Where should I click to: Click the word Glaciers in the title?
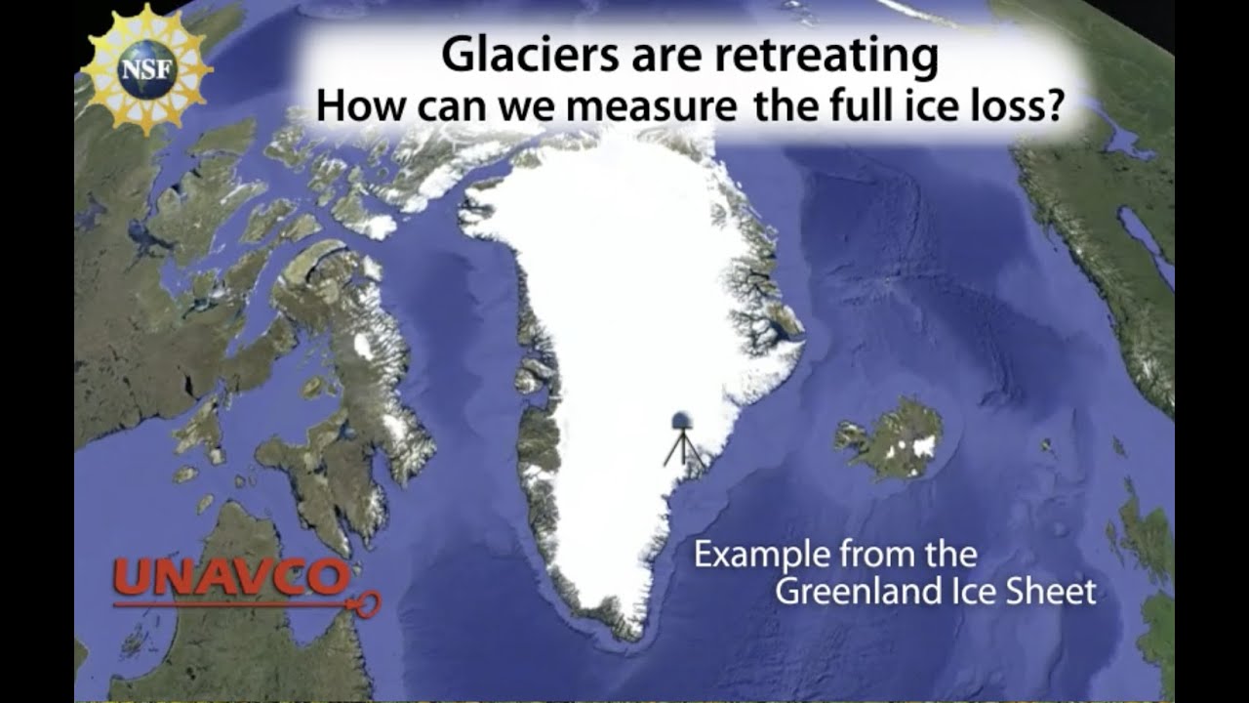click(x=530, y=55)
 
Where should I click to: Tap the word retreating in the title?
click(x=826, y=57)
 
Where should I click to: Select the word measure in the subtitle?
click(x=652, y=106)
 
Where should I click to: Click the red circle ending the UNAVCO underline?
click(x=368, y=604)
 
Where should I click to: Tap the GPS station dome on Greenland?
click(x=682, y=421)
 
